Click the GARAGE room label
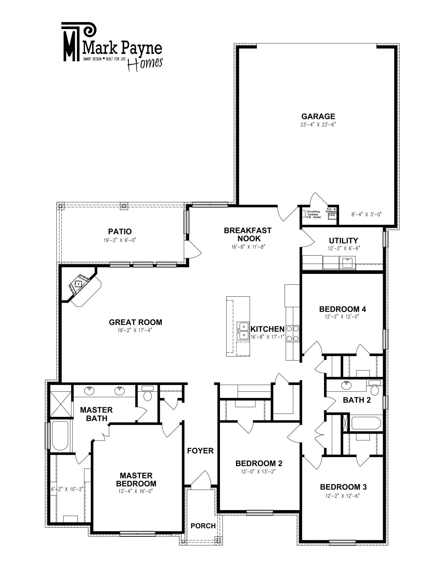click(x=318, y=116)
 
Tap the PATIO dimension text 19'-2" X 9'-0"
click(x=120, y=240)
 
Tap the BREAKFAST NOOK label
click(x=247, y=234)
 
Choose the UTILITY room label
click(x=343, y=241)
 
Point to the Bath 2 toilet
click(x=374, y=388)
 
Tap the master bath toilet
click(x=148, y=393)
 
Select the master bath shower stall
click(x=60, y=402)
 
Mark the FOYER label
click(x=200, y=451)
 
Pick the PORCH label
click(x=203, y=526)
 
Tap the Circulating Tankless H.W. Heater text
click(x=314, y=214)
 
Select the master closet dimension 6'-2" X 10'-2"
click(x=67, y=489)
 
